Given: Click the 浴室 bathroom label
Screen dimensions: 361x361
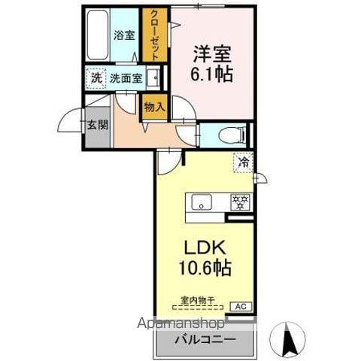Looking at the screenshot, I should click(123, 35).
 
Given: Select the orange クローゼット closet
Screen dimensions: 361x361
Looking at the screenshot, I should click(153, 35).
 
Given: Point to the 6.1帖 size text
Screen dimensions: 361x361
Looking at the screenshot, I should click(211, 73).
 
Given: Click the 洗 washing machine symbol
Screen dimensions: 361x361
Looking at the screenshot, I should click(96, 77).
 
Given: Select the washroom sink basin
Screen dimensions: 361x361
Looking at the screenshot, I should click(153, 77).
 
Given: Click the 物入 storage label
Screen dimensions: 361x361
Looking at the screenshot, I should click(154, 108).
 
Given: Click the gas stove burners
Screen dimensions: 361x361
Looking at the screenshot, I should click(240, 202).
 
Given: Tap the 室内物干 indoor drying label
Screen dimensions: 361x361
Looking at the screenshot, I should click(198, 300).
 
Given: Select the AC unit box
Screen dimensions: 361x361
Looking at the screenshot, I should click(241, 306).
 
